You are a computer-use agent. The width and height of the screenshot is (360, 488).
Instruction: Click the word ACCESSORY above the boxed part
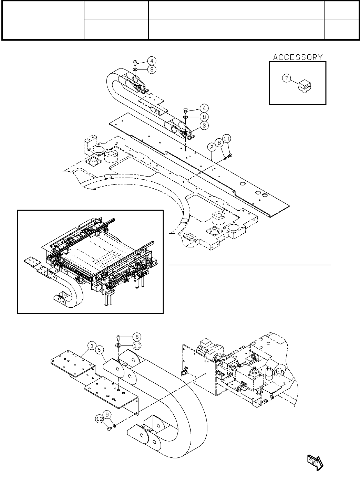tap(298, 57)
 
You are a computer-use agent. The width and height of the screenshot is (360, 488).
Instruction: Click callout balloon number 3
tap(204, 126)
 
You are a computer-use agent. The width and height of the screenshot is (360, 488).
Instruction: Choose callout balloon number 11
tap(227, 138)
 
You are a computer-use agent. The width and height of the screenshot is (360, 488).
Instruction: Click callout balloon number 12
tap(99, 419)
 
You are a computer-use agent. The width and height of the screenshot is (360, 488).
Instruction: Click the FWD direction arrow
tap(315, 462)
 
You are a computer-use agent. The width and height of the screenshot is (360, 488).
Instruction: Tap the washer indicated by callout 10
tap(118, 344)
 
